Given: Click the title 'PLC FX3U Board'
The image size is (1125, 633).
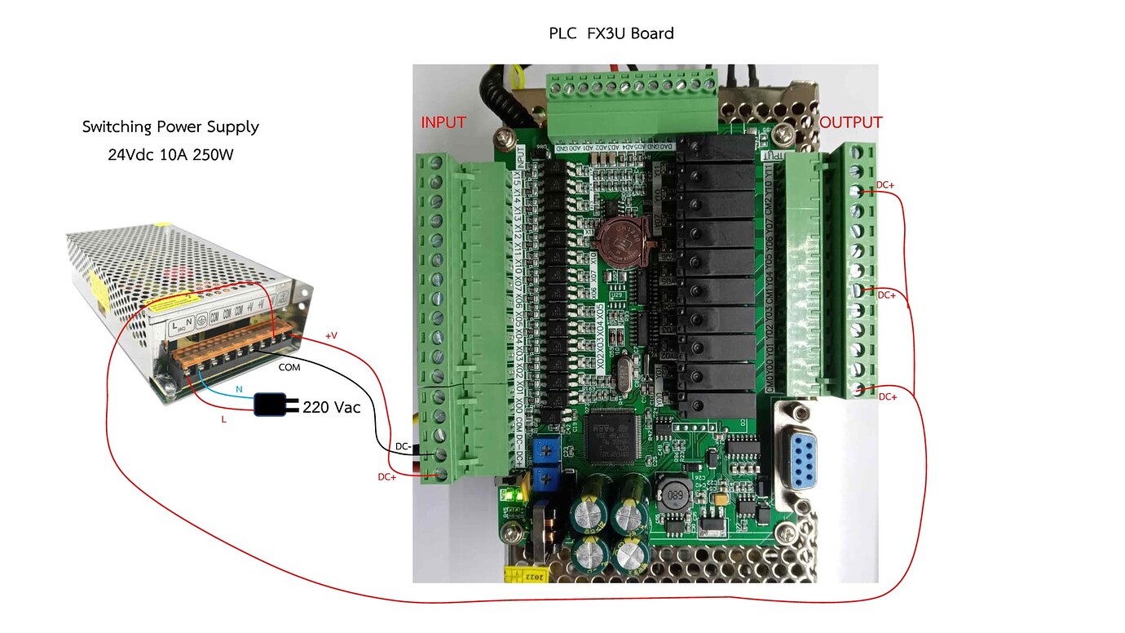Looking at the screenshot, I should (611, 33).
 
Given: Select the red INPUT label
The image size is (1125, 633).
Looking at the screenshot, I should (443, 123).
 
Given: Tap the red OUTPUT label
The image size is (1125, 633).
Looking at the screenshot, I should (850, 123).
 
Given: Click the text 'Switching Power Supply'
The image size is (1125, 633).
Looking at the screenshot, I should (170, 127).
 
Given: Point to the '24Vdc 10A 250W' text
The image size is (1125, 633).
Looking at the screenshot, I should (170, 154).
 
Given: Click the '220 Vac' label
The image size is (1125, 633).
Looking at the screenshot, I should (331, 407).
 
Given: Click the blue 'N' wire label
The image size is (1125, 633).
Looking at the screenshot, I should (239, 391).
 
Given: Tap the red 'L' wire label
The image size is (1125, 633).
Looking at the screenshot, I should (224, 418).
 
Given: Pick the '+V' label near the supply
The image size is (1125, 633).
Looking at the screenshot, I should (331, 335).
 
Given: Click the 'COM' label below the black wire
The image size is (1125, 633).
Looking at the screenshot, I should (289, 368).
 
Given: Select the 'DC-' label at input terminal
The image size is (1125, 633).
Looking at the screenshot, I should (404, 447).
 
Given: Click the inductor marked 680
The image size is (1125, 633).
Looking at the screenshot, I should (675, 494).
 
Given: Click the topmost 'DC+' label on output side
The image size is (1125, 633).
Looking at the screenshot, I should (885, 185).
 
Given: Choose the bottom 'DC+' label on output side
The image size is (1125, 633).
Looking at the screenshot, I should (887, 396).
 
